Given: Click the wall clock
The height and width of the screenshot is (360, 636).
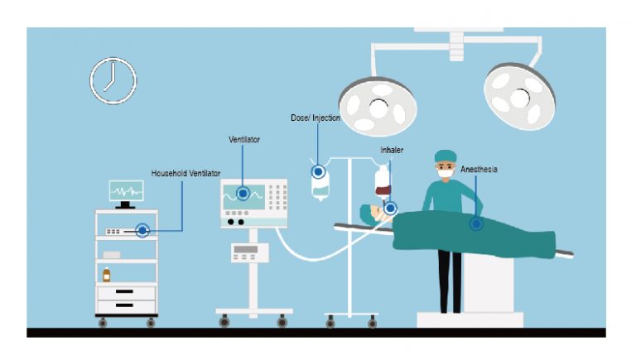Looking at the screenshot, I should pos(113,80).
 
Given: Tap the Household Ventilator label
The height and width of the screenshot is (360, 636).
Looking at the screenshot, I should pos(185,174).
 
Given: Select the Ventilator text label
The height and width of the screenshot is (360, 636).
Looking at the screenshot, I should pos(244,140).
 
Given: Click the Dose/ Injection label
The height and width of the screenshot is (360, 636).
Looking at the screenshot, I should pos(316,118).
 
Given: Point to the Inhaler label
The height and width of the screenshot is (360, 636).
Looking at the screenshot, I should pos(392,151).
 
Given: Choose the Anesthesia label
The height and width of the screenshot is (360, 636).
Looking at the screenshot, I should pos(479,169).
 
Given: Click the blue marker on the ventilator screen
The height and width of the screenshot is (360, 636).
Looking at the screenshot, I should pos(243,194).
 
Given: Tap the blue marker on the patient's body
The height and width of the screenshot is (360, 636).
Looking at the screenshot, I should pos(476,223).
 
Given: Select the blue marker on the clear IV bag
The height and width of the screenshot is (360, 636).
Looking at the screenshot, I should pos(318,172).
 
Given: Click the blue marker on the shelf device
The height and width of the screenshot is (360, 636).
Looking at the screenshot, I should pos(142,231).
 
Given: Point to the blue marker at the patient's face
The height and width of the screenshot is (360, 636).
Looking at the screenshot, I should pos(389,209).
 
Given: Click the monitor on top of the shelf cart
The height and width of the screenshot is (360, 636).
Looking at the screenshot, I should pos(126,191).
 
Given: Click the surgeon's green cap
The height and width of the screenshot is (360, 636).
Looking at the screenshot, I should pos(446,156).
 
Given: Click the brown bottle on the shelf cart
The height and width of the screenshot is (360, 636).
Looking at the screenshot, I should pos(106,275).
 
